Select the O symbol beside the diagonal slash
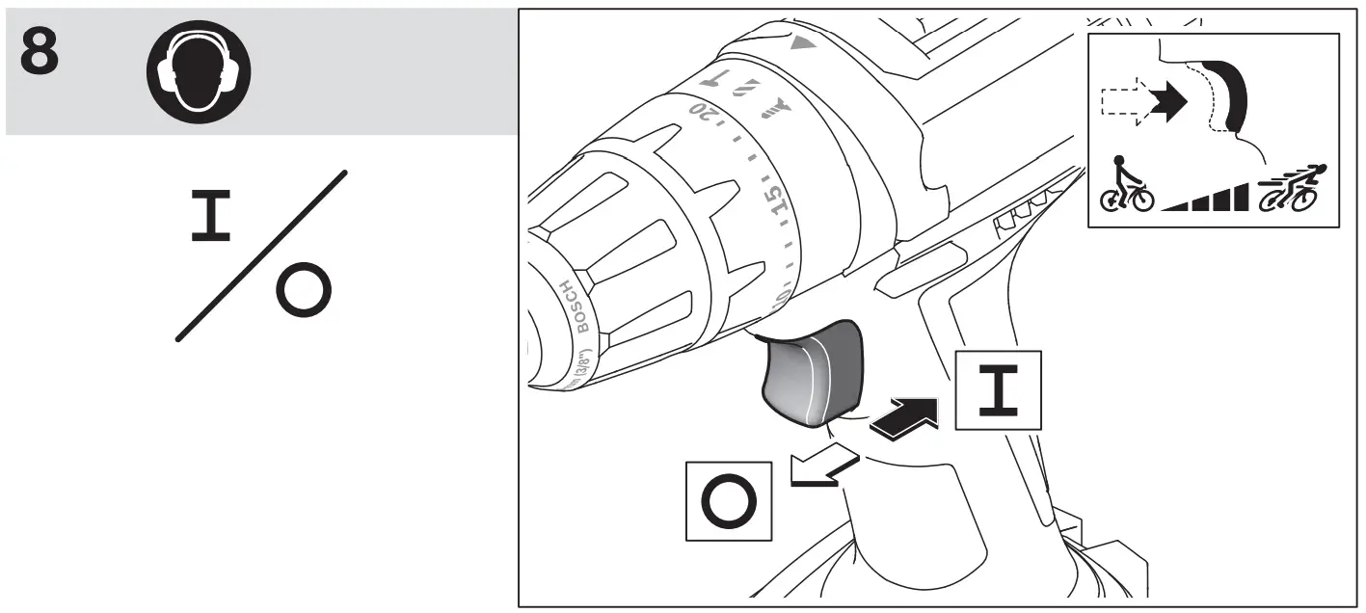(304, 291)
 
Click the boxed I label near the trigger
(998, 389)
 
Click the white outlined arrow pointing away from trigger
(820, 469)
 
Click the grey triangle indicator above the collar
(798, 44)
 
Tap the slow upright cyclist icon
(1127, 185)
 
